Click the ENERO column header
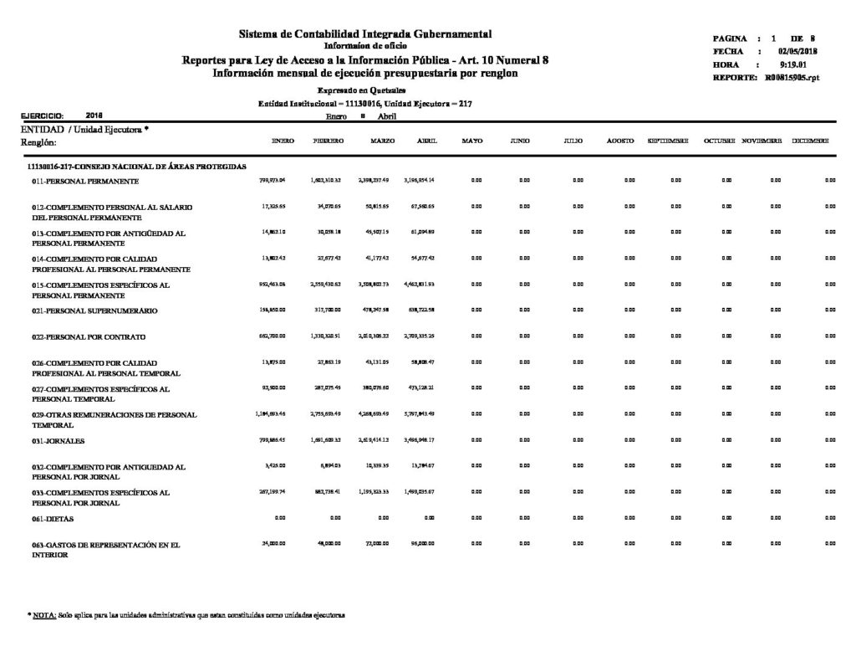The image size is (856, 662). (x=283, y=142)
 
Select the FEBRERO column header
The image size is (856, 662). (x=328, y=142)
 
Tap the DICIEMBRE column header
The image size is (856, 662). (x=811, y=142)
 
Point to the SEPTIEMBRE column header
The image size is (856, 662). (x=668, y=142)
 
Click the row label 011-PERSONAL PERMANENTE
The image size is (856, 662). (x=85, y=181)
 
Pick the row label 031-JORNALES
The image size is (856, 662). (x=59, y=440)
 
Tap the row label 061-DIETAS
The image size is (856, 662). (x=53, y=520)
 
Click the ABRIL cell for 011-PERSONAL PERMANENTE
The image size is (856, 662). (x=421, y=180)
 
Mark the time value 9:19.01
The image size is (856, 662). (x=791, y=64)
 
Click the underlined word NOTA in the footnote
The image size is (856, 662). (x=44, y=615)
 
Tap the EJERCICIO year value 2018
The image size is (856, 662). (x=95, y=115)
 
